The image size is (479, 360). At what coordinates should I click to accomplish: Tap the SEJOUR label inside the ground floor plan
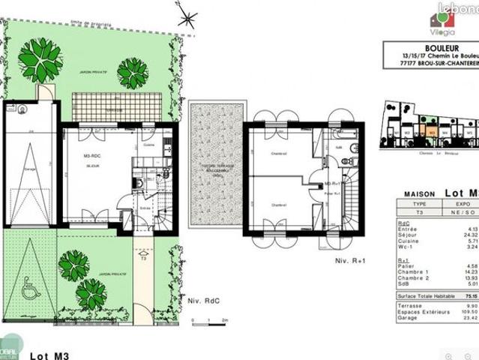pos(93,166)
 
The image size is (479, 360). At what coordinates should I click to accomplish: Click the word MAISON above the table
pos(421,194)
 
